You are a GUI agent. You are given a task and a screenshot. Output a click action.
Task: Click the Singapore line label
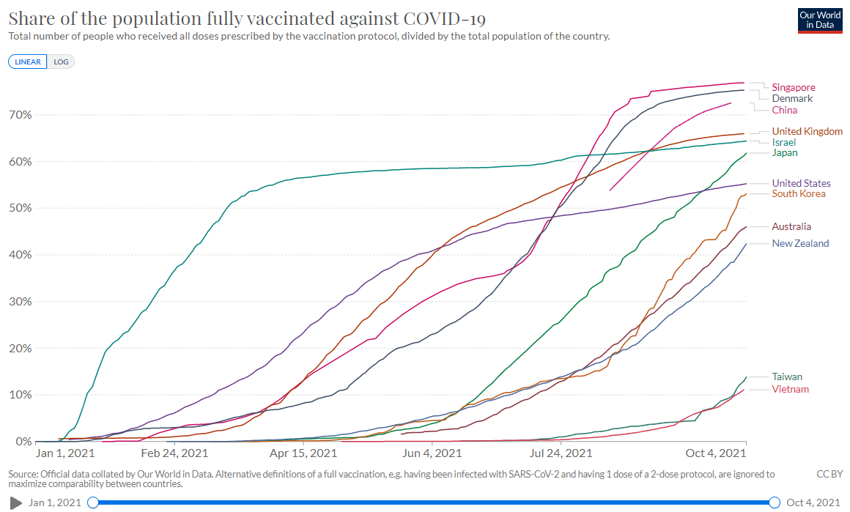click(x=794, y=88)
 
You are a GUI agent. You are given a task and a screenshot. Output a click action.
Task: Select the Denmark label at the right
click(x=792, y=99)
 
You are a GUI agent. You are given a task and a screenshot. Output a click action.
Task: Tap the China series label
click(x=785, y=111)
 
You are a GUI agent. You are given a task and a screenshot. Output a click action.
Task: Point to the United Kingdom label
click(x=807, y=132)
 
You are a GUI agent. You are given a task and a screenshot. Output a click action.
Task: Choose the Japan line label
click(x=785, y=153)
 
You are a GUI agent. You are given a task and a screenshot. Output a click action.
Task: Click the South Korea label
click(x=799, y=194)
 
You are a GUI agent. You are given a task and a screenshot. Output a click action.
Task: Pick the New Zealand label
click(x=800, y=244)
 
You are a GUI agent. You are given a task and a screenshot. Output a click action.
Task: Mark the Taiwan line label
click(x=787, y=377)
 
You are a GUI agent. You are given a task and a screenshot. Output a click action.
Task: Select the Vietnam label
click(x=790, y=390)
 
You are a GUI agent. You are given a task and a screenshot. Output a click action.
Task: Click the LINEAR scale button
click(x=28, y=62)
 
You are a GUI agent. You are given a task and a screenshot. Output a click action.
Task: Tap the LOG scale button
click(x=62, y=62)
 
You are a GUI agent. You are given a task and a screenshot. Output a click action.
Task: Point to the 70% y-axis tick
click(x=21, y=115)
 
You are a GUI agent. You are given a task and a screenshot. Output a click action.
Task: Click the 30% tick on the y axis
click(x=21, y=302)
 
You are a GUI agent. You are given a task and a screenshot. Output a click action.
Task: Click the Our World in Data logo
click(x=820, y=21)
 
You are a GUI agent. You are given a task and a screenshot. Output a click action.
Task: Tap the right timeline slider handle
click(x=775, y=502)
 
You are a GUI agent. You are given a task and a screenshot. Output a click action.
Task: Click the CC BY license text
click(x=829, y=475)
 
